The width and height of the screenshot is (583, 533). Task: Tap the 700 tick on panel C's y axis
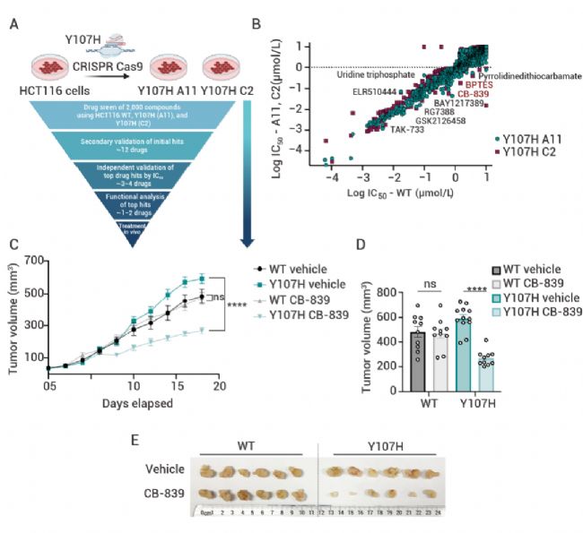pos(36,261)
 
